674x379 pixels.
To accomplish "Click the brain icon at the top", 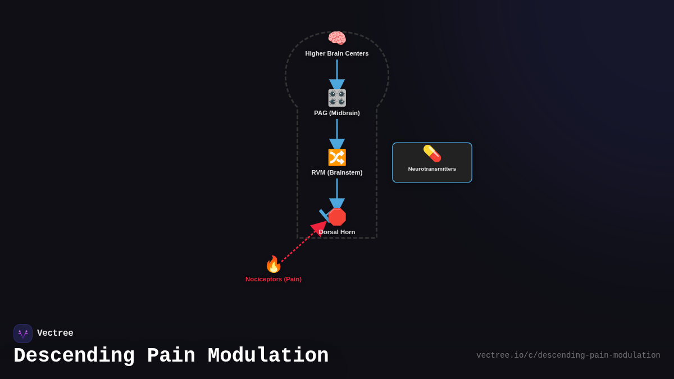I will [337, 38].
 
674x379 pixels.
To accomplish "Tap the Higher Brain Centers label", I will [337, 53].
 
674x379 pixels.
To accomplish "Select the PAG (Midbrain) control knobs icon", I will [337, 98].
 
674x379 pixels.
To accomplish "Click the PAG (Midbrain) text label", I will [337, 113].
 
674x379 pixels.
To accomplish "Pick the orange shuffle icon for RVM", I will [337, 157].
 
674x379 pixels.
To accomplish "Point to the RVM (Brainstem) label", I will [337, 172].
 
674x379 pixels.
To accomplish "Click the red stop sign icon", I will [337, 217].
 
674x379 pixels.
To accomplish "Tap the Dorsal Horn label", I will [337, 232].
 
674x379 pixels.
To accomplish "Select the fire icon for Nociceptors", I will [273, 264].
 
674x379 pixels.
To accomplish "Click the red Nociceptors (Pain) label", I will [274, 279].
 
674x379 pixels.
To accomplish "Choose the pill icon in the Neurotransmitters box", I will [432, 153].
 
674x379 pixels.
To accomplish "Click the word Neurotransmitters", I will [432, 169].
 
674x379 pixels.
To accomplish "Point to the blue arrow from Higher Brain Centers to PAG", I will [337, 73].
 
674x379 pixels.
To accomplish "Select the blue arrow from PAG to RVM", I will [337, 133].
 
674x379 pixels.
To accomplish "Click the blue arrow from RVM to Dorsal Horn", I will [337, 193].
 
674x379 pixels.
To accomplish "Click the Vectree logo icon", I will [23, 334].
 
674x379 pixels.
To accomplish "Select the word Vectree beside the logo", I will [55, 334].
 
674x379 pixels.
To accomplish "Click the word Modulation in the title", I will [268, 356].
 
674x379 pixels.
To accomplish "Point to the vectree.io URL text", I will [568, 355].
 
